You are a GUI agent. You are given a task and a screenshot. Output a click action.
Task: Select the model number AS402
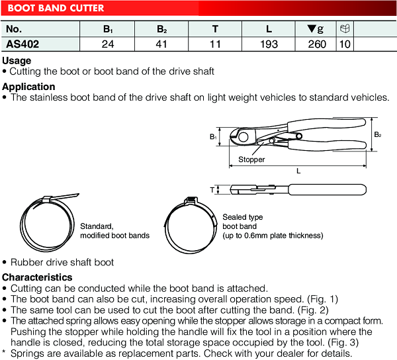coord(23,45)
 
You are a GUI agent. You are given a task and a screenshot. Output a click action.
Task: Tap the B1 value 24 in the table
coord(107,45)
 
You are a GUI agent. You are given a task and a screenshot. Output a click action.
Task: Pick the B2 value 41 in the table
coord(161,45)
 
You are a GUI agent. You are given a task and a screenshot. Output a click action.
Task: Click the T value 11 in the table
coord(215,45)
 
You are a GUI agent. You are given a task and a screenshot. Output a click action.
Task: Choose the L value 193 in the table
coord(269,45)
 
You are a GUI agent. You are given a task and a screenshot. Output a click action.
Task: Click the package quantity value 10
coord(345,45)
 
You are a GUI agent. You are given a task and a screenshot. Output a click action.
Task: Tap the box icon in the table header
coord(345,29)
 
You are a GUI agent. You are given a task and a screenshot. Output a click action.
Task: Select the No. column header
coord(14,29)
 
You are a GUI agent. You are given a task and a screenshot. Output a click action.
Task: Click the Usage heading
coord(17,61)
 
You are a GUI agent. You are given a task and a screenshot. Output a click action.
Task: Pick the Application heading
coord(28,87)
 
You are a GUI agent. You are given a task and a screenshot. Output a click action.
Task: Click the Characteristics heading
coord(37,277)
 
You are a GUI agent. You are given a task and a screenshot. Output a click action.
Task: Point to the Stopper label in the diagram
coord(251,159)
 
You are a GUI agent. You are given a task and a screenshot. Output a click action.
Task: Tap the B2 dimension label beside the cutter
coord(377,134)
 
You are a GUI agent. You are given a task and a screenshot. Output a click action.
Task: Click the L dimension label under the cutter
coord(298,170)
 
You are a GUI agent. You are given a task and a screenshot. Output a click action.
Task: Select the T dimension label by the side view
coord(212,190)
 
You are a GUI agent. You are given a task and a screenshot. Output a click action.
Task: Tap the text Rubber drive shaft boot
coord(62,262)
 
